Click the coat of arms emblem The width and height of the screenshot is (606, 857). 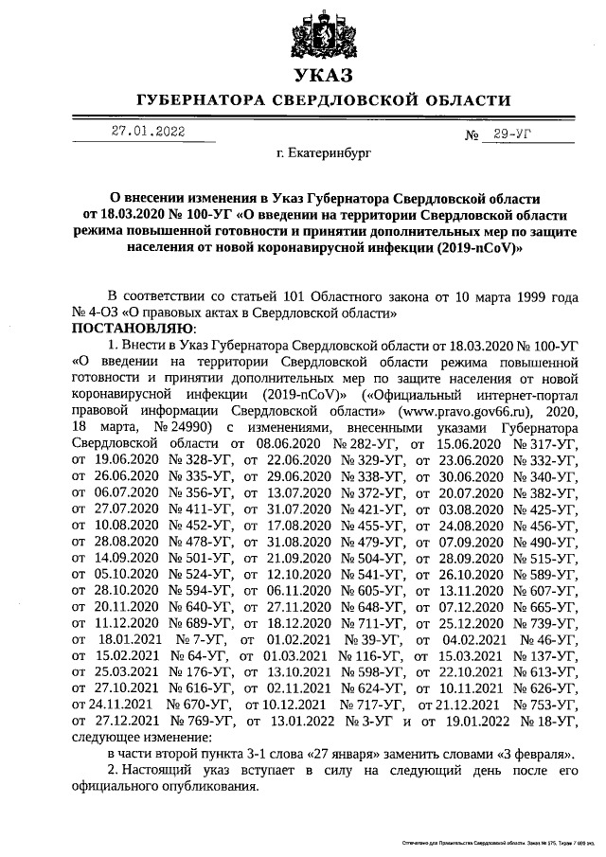pyautogui.click(x=323, y=34)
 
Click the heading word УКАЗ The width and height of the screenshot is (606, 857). pyautogui.click(x=323, y=75)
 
